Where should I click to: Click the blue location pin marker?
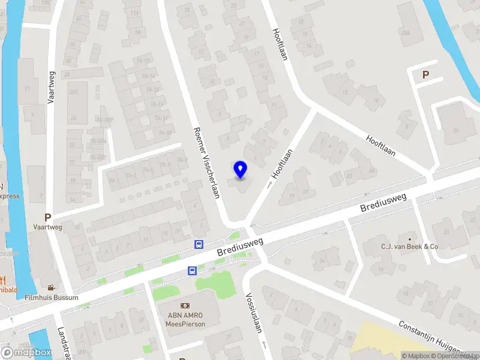point(240,169)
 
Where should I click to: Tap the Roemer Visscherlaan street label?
point(206,161)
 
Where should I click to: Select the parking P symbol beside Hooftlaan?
point(426,75)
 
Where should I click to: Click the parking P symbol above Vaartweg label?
point(47,217)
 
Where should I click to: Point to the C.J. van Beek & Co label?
point(410,247)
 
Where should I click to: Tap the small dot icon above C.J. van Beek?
point(410,238)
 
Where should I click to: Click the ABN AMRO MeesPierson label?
point(185,320)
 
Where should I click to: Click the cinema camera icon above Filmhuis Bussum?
point(52,287)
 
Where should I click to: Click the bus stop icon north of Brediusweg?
point(199,244)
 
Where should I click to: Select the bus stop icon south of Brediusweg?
point(193,271)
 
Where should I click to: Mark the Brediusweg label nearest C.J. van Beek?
point(383,202)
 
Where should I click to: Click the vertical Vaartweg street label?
point(51,87)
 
